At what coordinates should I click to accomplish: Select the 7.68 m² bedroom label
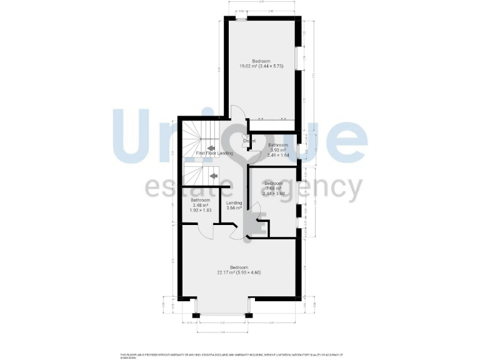[x=273, y=188]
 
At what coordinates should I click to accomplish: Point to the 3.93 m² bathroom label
[x=277, y=150]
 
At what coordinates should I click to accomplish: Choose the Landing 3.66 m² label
[x=234, y=206]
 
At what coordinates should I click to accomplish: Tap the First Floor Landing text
[x=214, y=153]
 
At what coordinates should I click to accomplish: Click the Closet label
[x=249, y=141]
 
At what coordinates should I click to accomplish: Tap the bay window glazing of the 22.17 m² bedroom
[x=222, y=312]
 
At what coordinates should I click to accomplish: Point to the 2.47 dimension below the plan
[x=272, y=322]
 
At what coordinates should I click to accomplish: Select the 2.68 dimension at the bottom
[x=222, y=332]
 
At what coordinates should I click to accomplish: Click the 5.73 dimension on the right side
[x=314, y=76]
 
